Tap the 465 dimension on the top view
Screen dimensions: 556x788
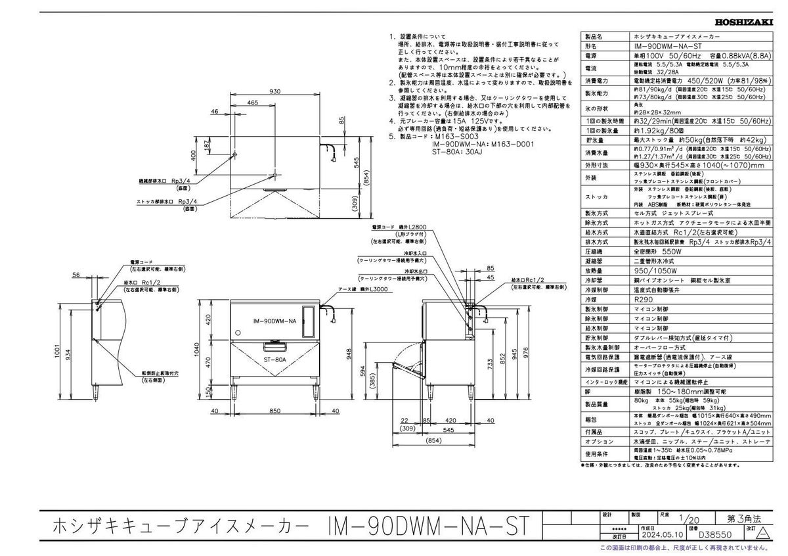[252, 103]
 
